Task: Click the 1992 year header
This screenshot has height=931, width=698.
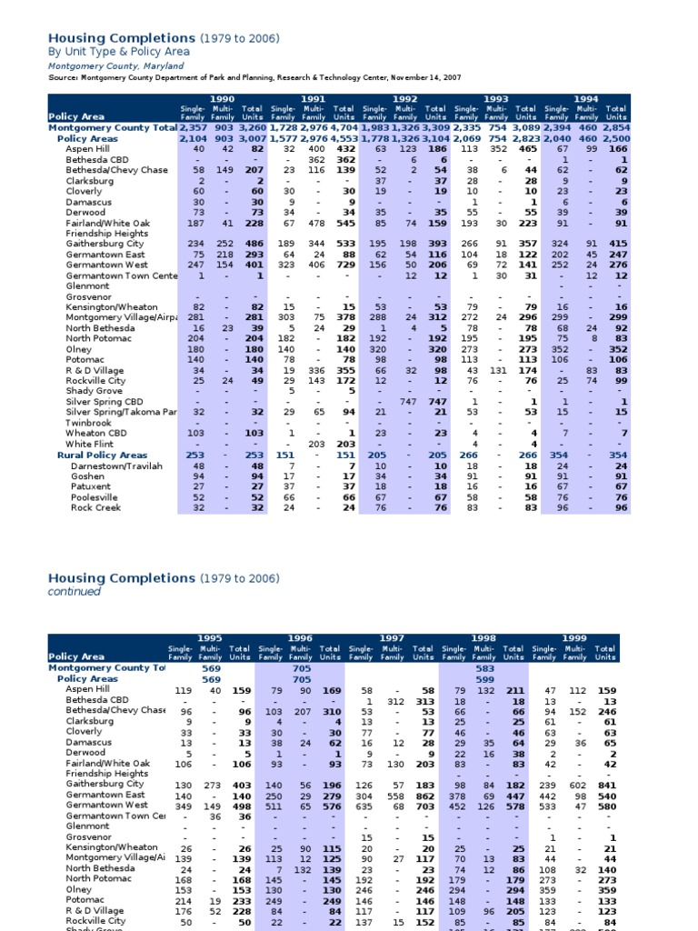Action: [x=404, y=98]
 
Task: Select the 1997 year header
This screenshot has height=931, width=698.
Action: [x=392, y=638]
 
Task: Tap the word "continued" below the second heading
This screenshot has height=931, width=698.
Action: [x=74, y=592]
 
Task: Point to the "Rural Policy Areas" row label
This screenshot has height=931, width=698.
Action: [x=102, y=455]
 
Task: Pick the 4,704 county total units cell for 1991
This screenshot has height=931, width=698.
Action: [x=344, y=128]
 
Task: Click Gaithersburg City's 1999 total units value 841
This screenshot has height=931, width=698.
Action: [x=605, y=784]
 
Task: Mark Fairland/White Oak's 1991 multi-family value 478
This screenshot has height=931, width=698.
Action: [x=314, y=223]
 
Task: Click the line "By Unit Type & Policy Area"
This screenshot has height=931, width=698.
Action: [x=118, y=52]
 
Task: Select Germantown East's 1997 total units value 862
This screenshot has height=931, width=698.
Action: [x=423, y=795]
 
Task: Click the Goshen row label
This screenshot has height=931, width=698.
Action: [x=87, y=476]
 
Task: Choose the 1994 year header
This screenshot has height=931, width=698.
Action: [x=586, y=98]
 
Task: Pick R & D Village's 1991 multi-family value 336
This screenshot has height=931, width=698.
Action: [x=314, y=370]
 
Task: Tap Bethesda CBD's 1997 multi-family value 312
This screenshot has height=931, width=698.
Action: [x=395, y=701]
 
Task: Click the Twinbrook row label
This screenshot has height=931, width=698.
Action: [x=88, y=423]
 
